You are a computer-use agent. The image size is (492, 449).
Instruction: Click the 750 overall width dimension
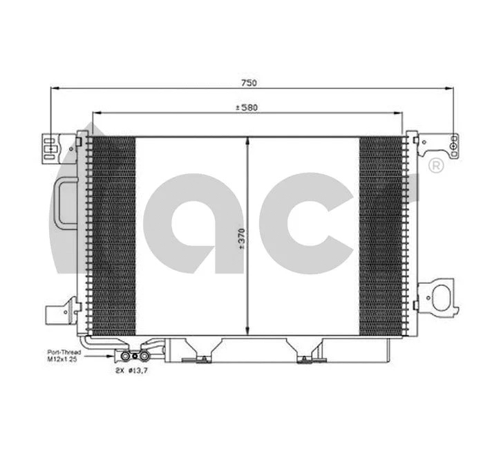point(248,83)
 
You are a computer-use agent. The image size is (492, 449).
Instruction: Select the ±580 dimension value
point(247,108)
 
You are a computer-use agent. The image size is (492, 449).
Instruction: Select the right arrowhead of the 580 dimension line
point(399,113)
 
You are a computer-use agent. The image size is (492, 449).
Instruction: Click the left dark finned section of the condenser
point(113,235)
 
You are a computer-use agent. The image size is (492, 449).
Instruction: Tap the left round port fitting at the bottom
point(126,356)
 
